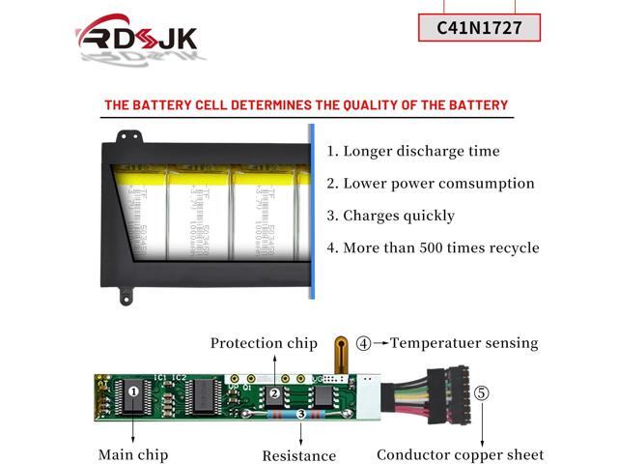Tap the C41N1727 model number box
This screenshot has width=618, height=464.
(x=479, y=27)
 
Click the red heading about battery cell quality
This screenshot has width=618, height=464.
(x=306, y=104)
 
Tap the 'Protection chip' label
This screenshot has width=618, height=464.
(x=264, y=343)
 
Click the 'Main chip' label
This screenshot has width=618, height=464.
(x=133, y=454)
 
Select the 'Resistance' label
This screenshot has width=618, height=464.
(x=299, y=455)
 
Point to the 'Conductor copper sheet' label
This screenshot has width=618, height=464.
(x=461, y=454)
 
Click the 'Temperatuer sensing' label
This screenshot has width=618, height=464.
(x=464, y=343)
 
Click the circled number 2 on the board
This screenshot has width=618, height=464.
(x=274, y=393)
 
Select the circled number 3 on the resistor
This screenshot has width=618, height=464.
(x=300, y=414)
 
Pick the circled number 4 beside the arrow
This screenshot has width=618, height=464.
(x=363, y=343)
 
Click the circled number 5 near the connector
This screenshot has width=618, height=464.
(x=482, y=393)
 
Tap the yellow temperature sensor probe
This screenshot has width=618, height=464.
(x=340, y=353)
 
